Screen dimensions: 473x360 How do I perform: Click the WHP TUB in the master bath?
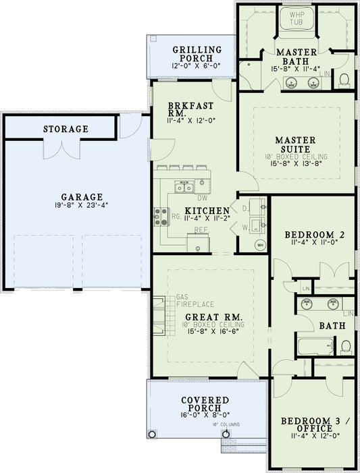297,18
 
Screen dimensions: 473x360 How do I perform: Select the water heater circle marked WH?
259,245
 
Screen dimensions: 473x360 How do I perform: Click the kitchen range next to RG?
162,216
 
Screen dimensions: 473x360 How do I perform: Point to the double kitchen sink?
184,186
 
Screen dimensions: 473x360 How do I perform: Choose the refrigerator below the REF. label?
199,243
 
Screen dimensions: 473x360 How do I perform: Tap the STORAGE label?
66,129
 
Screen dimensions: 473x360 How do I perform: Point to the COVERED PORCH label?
205,406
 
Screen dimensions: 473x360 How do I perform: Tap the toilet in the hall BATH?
345,347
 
